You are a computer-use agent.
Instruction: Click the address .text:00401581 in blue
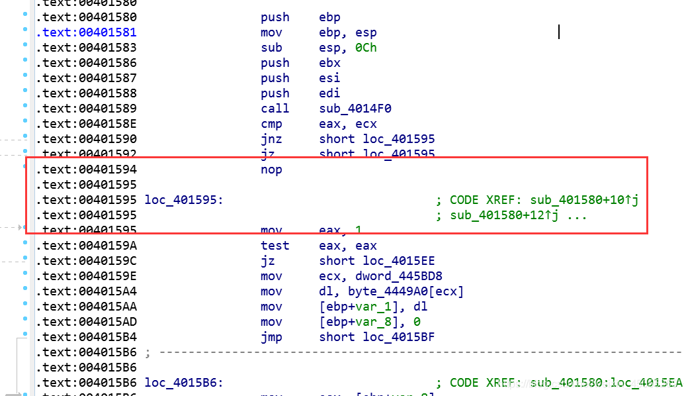click(x=86, y=32)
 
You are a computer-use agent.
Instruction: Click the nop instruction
click(x=271, y=170)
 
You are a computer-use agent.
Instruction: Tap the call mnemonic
click(x=275, y=109)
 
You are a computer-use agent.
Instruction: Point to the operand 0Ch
click(x=366, y=48)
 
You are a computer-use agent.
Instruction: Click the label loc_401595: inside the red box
click(x=184, y=200)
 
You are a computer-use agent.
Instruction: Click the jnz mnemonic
click(x=271, y=139)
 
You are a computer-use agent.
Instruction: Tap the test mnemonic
click(x=275, y=246)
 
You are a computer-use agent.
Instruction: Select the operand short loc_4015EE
click(x=377, y=261)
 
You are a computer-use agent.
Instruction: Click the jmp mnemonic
click(x=271, y=337)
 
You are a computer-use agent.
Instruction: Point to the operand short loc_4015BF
click(x=377, y=337)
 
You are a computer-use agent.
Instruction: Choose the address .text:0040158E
click(x=86, y=124)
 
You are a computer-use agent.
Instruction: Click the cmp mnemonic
click(x=271, y=124)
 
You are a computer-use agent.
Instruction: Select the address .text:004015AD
click(x=86, y=322)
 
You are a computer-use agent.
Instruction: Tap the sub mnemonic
click(x=271, y=48)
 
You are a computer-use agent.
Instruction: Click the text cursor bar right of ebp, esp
click(x=559, y=32)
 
